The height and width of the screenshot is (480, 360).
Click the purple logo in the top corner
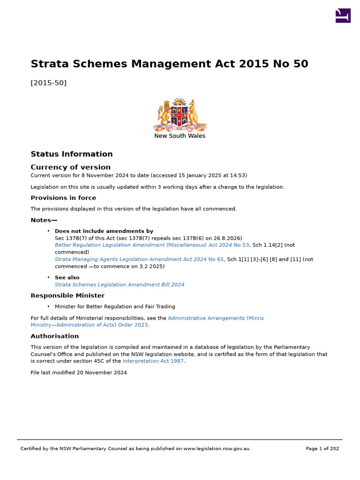(343, 15)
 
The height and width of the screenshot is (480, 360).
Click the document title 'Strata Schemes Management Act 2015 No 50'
(169, 64)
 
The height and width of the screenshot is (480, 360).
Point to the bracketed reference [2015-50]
(48, 83)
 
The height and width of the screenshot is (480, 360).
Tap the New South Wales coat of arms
(180, 115)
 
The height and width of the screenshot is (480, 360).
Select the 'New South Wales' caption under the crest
(180, 136)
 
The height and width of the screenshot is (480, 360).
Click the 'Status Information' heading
(71, 154)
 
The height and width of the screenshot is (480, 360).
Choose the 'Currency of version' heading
(70, 167)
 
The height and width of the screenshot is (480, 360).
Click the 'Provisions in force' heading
(63, 198)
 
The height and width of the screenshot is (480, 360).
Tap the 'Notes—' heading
(44, 220)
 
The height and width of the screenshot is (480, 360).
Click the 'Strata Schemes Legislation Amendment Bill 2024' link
(120, 285)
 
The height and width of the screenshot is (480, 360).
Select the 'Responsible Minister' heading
(67, 296)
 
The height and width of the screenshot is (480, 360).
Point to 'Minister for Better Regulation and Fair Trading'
(115, 307)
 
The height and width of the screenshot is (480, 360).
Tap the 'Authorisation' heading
(54, 336)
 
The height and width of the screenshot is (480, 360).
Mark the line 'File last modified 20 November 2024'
(79, 373)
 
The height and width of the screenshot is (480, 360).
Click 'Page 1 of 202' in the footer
(322, 449)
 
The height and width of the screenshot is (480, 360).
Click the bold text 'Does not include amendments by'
(104, 231)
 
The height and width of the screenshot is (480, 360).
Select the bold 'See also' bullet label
(67, 277)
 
